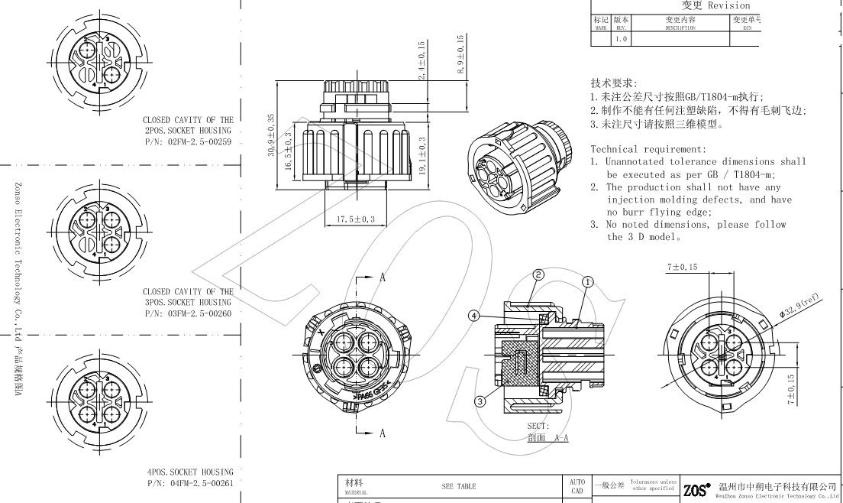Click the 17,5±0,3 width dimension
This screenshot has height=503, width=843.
coord(356,219)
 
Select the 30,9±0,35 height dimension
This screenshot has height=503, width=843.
coord(270,136)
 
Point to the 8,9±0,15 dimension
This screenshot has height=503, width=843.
coord(460,54)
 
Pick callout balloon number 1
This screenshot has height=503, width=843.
coord(588,281)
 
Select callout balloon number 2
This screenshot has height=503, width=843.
coord(538,275)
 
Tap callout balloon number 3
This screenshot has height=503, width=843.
coord(480,400)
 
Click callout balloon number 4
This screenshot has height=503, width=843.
coord(474,315)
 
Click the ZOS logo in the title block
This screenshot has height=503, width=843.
coord(697,488)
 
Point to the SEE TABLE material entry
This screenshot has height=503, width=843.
coord(458,486)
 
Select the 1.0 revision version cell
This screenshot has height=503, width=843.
coord(622,38)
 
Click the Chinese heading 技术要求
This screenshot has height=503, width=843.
coord(614,83)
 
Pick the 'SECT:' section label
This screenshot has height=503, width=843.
coord(538,426)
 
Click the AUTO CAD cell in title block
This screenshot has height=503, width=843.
coord(577,486)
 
